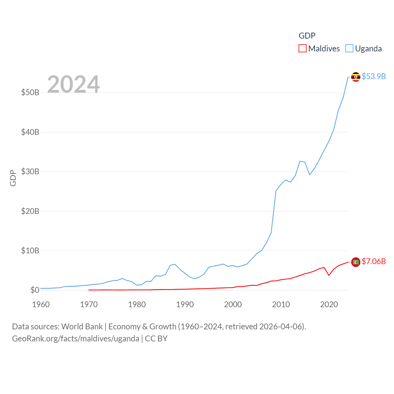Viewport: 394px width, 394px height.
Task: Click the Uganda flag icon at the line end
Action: [356, 77]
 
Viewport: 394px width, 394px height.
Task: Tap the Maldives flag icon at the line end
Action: [356, 262]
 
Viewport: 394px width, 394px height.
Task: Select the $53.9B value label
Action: [374, 76]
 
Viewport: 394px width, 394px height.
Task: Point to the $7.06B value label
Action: [374, 261]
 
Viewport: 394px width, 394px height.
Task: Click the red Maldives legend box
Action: [303, 49]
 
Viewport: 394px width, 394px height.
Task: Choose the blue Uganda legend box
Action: [349, 49]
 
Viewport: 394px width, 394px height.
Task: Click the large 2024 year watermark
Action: [74, 84]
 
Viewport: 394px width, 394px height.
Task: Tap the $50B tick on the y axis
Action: [30, 92]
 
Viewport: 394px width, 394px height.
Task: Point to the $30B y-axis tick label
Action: [30, 171]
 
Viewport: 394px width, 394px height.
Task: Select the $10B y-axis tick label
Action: [30, 251]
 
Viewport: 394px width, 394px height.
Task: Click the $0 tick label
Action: [35, 290]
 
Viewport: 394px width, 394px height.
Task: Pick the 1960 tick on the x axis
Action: [41, 304]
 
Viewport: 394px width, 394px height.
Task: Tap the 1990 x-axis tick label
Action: [185, 304]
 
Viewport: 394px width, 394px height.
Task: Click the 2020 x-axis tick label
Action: [329, 304]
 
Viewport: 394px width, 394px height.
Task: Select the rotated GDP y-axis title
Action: [13, 178]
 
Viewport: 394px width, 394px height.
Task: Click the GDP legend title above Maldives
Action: [307, 36]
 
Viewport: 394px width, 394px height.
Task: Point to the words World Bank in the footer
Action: [82, 326]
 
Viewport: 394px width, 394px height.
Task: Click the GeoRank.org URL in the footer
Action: [75, 339]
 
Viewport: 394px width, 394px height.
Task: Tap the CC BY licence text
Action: [156, 339]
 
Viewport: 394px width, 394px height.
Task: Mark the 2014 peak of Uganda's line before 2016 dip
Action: [300, 161]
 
